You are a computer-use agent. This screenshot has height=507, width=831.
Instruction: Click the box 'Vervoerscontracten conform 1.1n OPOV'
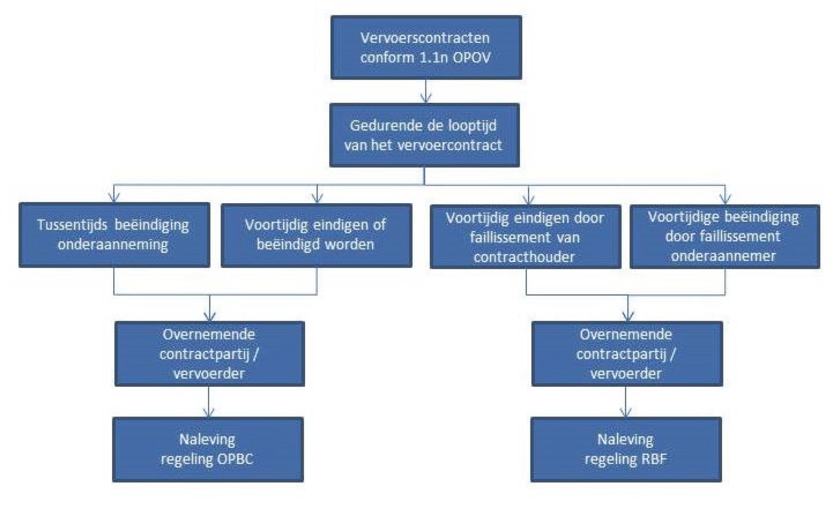point(426,47)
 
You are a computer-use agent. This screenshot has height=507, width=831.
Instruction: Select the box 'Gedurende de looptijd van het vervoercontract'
point(424,135)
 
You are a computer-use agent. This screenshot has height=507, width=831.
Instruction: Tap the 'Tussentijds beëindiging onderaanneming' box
point(114,235)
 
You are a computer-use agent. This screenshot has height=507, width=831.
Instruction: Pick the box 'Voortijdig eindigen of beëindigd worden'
point(317,235)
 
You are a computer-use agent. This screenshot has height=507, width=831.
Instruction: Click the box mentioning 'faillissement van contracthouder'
point(525,237)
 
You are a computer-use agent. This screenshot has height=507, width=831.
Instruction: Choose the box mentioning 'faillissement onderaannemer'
point(725,236)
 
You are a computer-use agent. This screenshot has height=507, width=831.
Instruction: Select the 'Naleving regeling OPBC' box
point(208,449)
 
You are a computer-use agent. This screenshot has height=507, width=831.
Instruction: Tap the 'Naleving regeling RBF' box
point(626,449)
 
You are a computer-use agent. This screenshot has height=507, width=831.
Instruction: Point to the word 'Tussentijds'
point(72,225)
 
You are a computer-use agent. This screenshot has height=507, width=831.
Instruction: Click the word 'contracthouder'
point(524,257)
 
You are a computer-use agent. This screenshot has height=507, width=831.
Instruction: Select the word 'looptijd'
point(470,126)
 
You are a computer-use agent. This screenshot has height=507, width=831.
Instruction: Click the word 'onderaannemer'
point(723,256)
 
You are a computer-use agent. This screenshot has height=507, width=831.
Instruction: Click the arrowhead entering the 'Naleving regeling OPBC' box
point(209,412)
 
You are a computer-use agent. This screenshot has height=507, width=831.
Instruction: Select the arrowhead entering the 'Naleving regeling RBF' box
point(626,412)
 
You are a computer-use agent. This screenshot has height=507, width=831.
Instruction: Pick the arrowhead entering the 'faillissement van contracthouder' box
point(529,200)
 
